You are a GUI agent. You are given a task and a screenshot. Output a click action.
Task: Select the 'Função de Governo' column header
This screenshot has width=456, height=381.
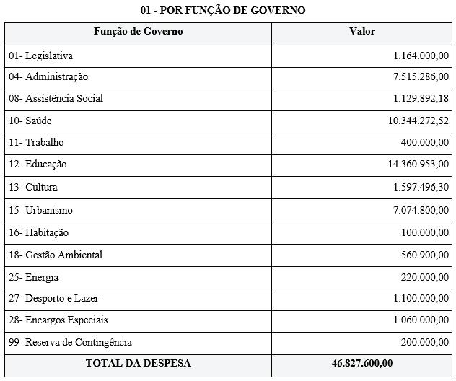pos(138,32)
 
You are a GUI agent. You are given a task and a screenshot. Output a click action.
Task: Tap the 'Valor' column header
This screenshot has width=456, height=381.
pos(361,32)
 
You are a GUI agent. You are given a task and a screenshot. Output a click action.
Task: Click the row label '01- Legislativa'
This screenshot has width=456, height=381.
pos(40,56)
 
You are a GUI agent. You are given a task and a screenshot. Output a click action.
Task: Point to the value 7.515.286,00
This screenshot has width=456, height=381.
pos(421,77)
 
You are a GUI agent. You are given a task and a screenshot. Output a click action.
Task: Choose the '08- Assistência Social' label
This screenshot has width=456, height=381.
pos(56,98)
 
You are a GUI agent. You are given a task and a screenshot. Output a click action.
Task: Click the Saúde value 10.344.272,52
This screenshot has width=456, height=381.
pos(418,121)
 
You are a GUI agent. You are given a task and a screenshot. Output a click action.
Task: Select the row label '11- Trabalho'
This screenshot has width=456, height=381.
pos(36,142)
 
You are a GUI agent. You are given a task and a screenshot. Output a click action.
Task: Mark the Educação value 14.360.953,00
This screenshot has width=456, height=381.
pos(418,164)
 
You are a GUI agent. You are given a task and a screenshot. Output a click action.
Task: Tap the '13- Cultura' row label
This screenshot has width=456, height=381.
pos(33,187)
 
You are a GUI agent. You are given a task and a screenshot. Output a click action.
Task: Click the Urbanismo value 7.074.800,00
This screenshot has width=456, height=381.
pos(421,210)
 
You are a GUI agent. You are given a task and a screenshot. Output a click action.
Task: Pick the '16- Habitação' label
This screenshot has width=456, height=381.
pos(38,232)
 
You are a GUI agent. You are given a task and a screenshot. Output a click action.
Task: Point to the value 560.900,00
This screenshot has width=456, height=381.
pos(425,255)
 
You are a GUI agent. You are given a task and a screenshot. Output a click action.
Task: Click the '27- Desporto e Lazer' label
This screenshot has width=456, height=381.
pos(53,298)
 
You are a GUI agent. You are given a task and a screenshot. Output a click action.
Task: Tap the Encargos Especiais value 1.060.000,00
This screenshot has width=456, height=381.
pos(421,320)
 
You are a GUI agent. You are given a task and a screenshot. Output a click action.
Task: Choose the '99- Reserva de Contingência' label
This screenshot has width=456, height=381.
pos(70,342)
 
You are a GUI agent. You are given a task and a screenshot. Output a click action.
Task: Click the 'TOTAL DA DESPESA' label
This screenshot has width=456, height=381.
pos(138,363)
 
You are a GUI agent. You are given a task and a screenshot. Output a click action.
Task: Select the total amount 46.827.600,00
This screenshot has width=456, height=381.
pos(361,363)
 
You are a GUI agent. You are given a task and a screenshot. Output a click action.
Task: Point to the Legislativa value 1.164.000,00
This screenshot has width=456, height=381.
pos(421,56)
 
